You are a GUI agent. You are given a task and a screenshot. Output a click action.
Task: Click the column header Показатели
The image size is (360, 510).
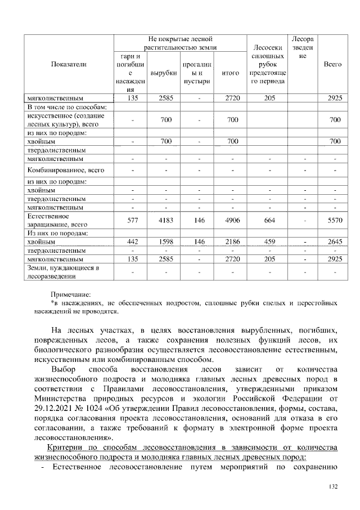69,65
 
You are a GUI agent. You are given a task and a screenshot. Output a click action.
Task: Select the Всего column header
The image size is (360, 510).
333,65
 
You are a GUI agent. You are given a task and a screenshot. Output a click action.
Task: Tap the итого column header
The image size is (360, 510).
231,73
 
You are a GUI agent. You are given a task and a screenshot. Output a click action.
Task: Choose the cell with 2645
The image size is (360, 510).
333,241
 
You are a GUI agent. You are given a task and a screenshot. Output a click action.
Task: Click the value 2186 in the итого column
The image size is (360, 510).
231,241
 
